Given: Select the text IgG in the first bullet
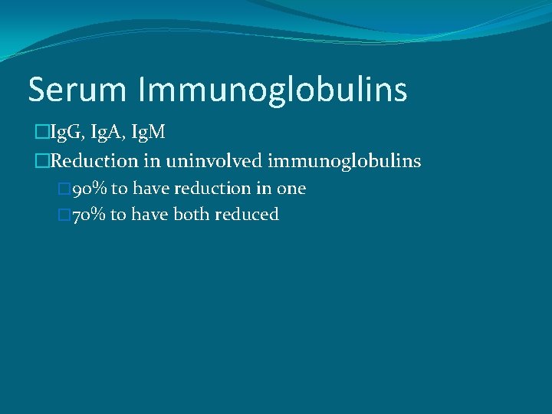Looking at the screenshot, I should point(62,133).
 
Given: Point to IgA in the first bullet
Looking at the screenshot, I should point(105,133).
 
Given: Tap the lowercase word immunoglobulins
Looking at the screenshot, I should point(344,162).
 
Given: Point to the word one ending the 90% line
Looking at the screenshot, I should point(291,189).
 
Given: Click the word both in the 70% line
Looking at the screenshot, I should point(192,215).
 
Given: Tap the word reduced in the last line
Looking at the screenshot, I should point(247,215).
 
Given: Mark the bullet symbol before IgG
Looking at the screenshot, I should point(40,133).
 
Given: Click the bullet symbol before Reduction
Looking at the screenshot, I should point(40,161).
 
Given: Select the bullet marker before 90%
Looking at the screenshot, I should point(64,189).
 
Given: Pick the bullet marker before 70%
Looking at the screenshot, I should point(64,215).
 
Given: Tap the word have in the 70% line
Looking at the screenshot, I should point(150,215).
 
